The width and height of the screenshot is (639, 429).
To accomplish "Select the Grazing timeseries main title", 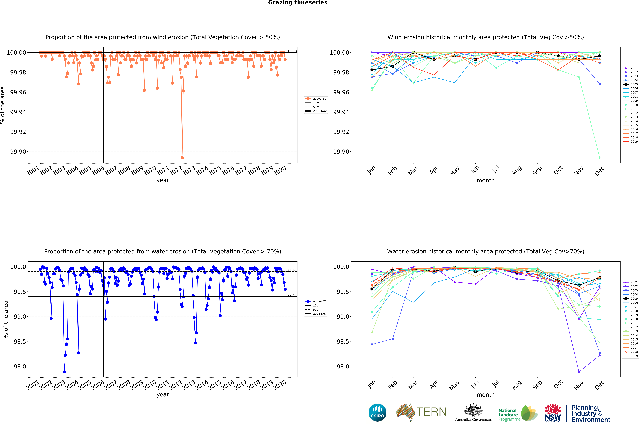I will [298, 3].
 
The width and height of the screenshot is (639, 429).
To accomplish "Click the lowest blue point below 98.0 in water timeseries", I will [64, 372].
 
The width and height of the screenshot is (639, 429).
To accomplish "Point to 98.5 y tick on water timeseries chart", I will [20, 341].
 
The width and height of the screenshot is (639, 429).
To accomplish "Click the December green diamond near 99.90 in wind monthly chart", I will [600, 158].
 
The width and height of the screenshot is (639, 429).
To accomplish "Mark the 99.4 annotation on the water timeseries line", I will [291, 295].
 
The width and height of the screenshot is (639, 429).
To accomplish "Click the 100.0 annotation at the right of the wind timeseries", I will [292, 51].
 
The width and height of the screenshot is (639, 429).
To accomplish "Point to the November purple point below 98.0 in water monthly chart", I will [579, 372].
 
